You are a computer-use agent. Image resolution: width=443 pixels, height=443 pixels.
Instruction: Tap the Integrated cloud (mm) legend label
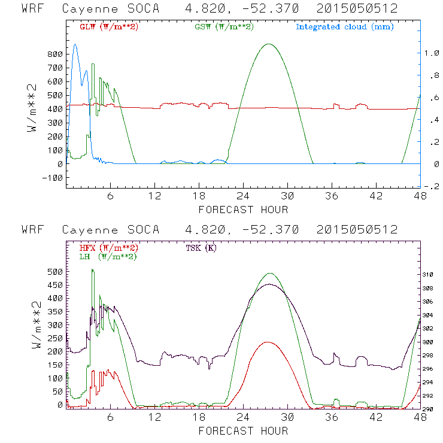[344, 27]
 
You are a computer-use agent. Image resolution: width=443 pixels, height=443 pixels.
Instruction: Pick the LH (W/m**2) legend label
[107, 256]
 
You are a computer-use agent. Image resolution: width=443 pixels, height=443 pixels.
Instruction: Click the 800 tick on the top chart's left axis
[55, 54]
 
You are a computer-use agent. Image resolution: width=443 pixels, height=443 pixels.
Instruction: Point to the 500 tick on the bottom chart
[55, 272]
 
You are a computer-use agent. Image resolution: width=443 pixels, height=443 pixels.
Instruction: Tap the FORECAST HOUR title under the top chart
[243, 210]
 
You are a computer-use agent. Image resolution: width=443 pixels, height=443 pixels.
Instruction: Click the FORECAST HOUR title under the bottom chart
[243, 431]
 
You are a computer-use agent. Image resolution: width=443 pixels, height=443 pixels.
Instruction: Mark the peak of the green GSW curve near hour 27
[269, 44]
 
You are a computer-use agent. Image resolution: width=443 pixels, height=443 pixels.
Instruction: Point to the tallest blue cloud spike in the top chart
[75, 44]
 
